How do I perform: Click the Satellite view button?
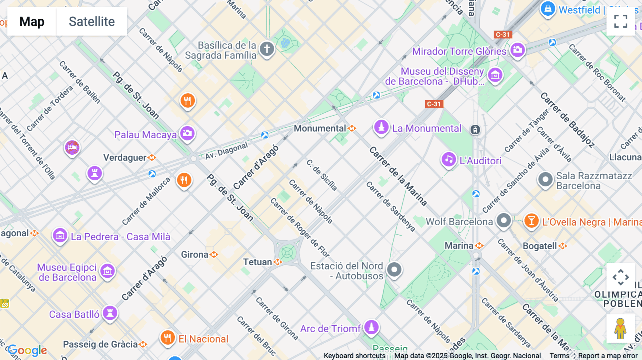[92, 22]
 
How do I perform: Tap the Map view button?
[32, 22]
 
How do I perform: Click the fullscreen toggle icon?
[621, 21]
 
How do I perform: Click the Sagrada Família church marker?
[267, 49]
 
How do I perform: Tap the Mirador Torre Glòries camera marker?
[518, 50]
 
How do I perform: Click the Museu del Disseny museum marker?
[495, 75]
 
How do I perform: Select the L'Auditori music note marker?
[449, 159]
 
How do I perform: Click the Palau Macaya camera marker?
[187, 134]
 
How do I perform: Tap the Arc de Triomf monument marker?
[371, 327]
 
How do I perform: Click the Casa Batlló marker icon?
[110, 313]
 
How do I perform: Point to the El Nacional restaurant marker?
[167, 337]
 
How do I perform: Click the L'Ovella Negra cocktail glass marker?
[531, 221]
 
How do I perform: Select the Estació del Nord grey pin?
[394, 269]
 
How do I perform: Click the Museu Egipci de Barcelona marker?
[107, 271]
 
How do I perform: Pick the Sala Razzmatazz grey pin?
[545, 180]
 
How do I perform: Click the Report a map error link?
[607, 356]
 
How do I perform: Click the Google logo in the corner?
[27, 350]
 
